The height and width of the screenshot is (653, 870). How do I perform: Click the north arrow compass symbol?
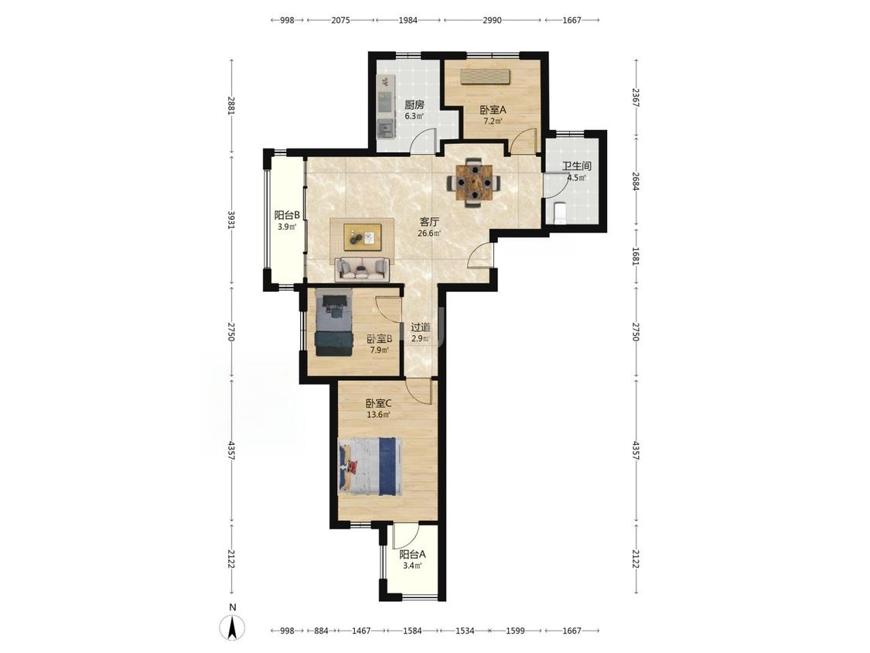(233, 627)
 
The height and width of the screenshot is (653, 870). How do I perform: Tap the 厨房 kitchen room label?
(414, 104)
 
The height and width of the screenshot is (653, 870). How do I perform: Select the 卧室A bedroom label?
(493, 109)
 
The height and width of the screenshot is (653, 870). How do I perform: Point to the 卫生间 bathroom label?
(576, 166)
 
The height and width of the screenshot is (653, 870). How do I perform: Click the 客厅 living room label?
(429, 221)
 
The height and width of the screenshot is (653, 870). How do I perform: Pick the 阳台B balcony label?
(288, 215)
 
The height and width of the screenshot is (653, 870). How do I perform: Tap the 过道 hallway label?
(420, 327)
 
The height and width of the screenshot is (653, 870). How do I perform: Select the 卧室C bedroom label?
(378, 403)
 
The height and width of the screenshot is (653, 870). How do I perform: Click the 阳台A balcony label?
(412, 554)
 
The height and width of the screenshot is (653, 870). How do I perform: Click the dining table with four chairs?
(473, 182)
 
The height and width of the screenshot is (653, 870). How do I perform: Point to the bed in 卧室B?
(334, 323)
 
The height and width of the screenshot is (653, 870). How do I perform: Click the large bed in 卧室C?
(370, 467)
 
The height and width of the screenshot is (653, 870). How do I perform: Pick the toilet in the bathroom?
(558, 213)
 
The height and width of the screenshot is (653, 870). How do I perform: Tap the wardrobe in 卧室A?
(485, 76)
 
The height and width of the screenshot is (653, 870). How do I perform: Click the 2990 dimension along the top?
(492, 20)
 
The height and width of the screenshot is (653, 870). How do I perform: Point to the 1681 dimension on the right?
(636, 256)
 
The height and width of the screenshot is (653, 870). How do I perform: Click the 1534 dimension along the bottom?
(465, 631)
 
